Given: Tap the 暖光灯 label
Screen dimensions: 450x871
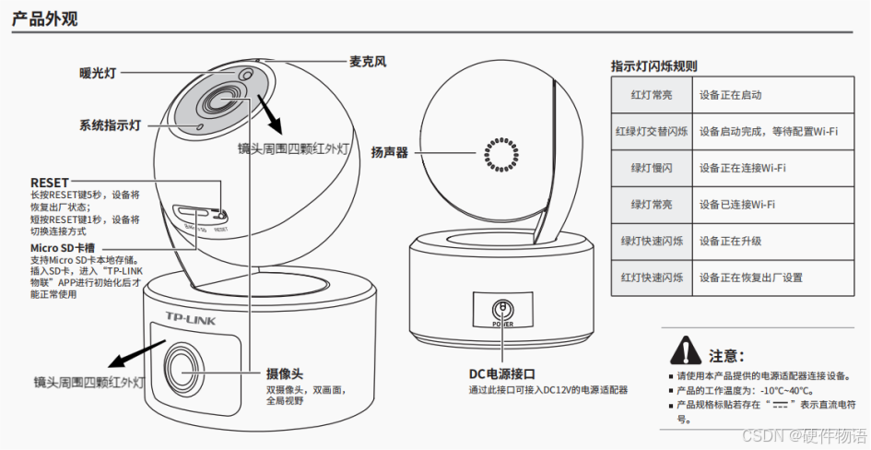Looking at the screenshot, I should (98, 71).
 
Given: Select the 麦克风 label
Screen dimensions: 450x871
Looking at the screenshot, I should (367, 62).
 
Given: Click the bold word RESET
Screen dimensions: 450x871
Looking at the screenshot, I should (49, 183).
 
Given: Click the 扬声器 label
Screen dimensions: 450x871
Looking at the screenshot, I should (389, 152).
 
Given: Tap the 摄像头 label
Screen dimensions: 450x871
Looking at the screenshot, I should (285, 373).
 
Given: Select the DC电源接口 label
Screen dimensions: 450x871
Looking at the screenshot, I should (502, 373).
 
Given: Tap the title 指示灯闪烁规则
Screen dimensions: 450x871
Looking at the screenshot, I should (653, 66).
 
